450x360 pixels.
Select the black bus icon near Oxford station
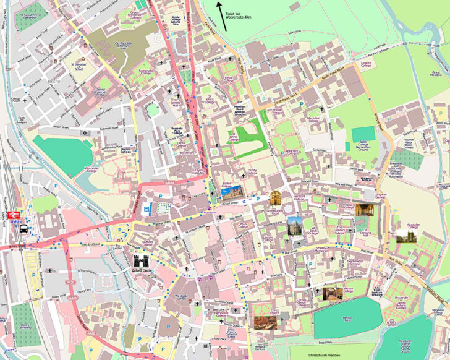[x=23, y=228]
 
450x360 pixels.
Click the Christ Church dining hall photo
[x=262, y=322]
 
